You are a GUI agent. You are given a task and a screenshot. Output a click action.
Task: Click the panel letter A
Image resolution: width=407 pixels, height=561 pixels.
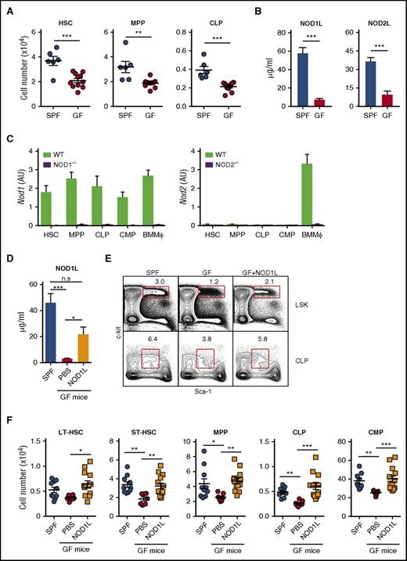(x=7, y=6)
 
